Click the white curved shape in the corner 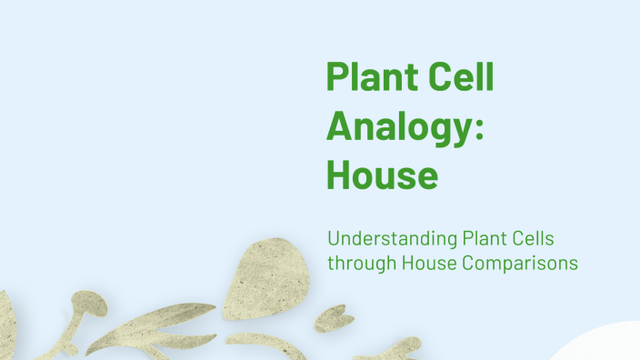tap(600, 345)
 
